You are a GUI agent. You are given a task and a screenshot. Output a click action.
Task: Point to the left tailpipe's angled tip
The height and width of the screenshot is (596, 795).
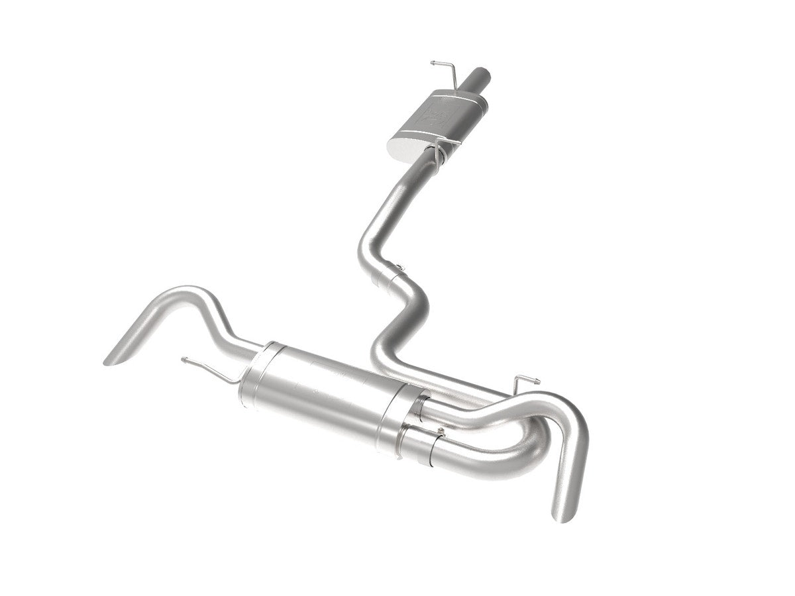(x=116, y=354)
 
